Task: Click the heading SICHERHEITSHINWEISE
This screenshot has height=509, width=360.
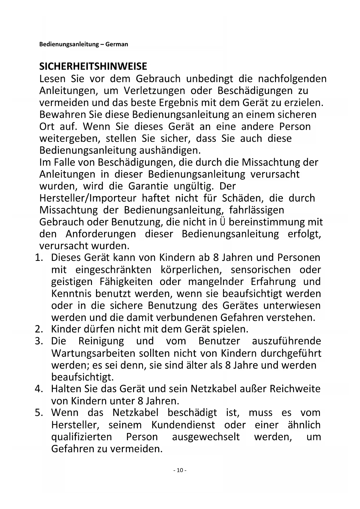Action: [x=93, y=66]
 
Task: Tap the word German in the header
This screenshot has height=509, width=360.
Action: [x=117, y=44]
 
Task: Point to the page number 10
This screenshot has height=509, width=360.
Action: [x=180, y=470]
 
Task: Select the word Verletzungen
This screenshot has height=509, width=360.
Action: [x=154, y=91]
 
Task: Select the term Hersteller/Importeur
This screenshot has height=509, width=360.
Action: [x=88, y=198]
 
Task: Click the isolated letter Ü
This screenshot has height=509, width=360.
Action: [x=222, y=222]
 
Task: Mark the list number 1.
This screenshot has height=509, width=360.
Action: [x=39, y=258]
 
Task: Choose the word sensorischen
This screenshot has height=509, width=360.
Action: [x=260, y=270]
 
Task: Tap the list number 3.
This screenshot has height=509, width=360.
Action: [x=39, y=341]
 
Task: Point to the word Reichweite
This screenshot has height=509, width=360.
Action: [x=296, y=389]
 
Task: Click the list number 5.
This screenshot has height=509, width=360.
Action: [x=39, y=413]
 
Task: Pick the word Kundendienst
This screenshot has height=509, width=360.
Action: [x=183, y=425]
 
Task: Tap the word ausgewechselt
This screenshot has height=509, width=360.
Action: [x=206, y=437]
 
